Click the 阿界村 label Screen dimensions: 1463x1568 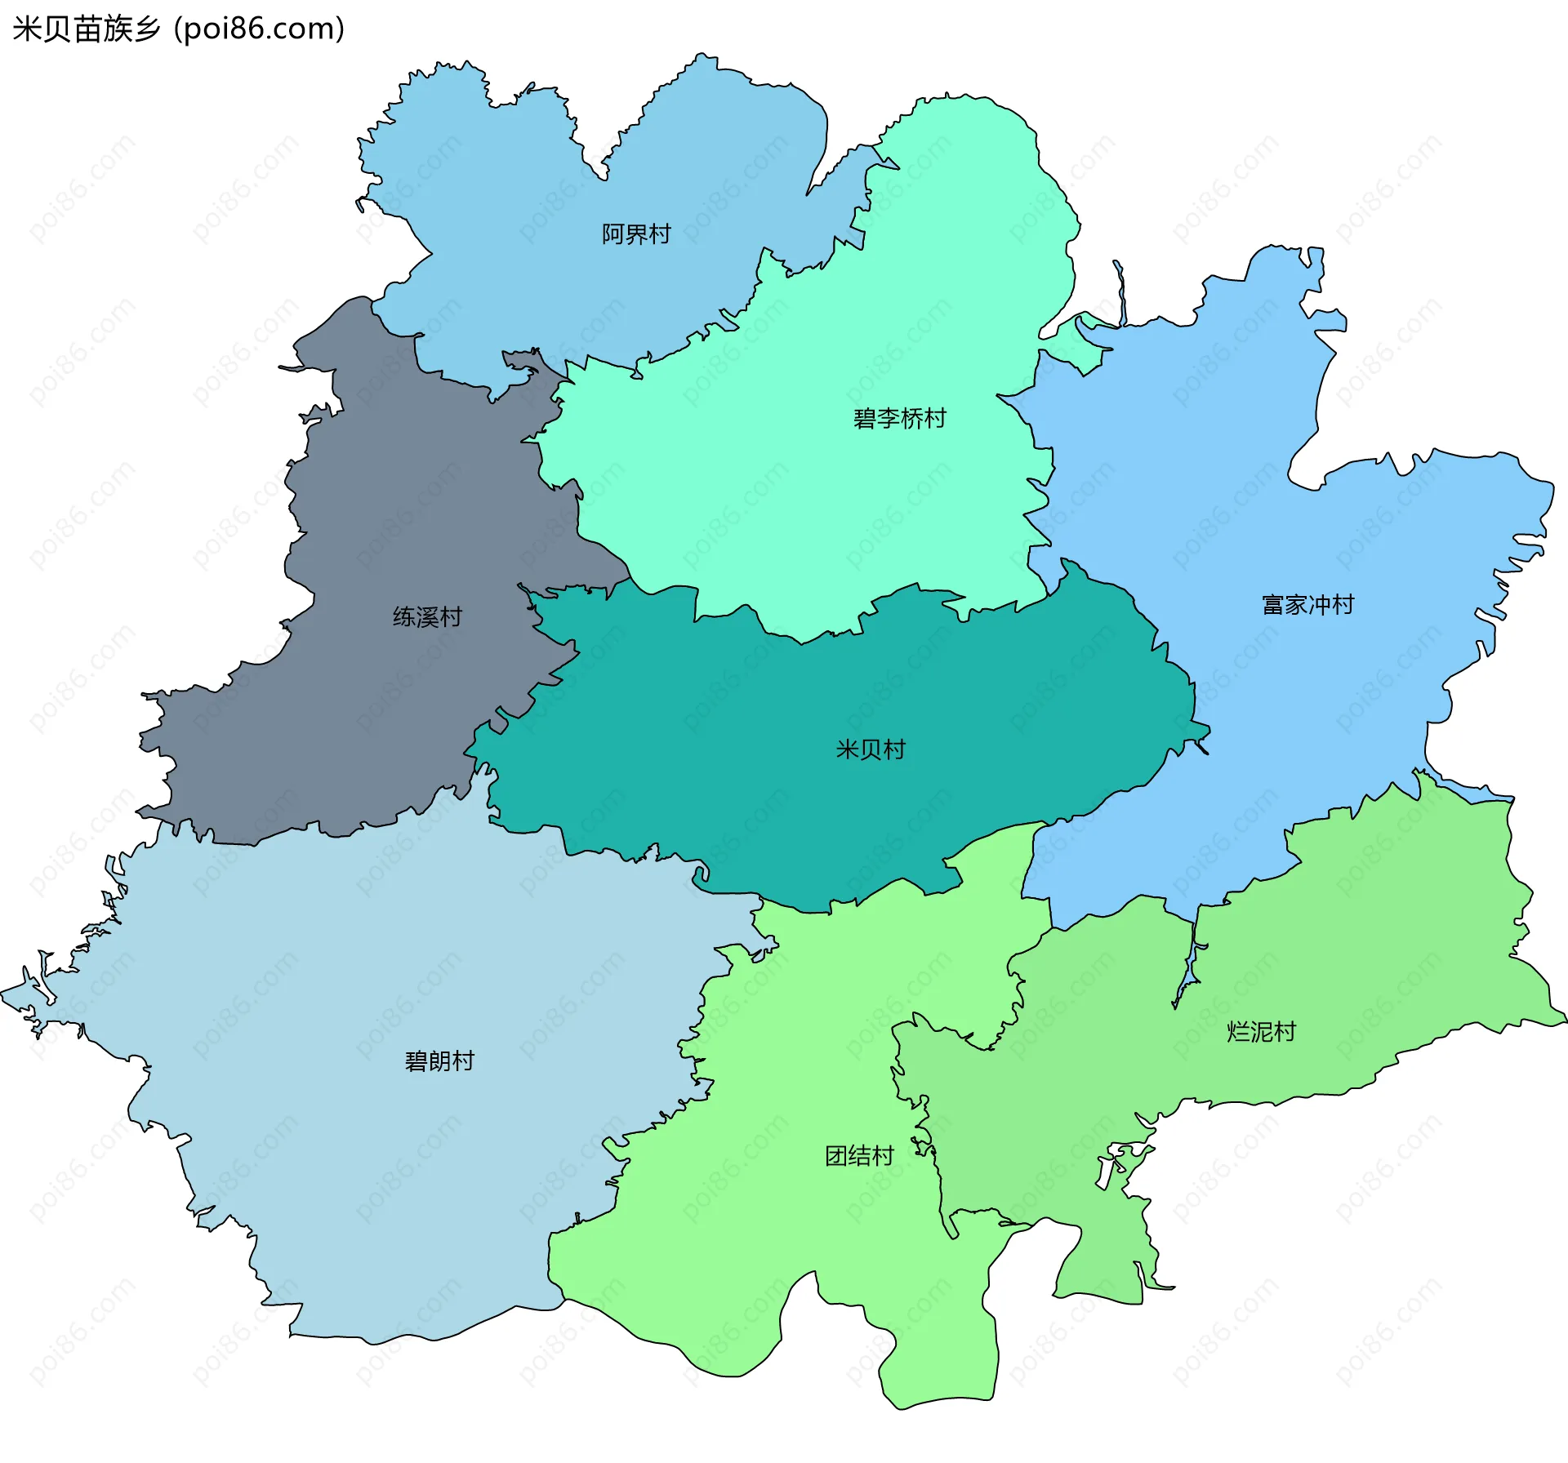tap(636, 234)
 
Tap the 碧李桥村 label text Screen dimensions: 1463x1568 tap(899, 419)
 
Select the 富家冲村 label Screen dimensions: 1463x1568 tap(1307, 605)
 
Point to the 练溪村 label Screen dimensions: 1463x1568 tap(427, 616)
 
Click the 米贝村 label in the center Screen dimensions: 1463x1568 tap(871, 749)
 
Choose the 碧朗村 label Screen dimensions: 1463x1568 tap(439, 1061)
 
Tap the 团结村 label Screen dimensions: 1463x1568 tap(859, 1155)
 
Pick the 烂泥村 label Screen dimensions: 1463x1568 tap(1261, 1032)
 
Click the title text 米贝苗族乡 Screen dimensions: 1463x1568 tap(87, 29)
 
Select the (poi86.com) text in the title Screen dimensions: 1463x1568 tap(259, 29)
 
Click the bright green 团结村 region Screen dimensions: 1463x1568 tap(776, 1265)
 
